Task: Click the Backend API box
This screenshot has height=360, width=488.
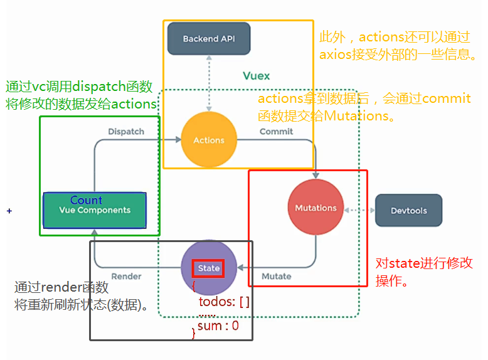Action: (x=209, y=39)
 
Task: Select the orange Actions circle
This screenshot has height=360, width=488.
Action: (x=209, y=140)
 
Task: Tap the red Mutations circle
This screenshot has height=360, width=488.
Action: (x=316, y=208)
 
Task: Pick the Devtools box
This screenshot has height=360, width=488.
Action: (x=408, y=211)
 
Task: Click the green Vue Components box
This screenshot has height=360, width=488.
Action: (x=94, y=211)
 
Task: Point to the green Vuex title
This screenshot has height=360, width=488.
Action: (x=256, y=76)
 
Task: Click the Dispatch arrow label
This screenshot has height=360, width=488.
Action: (x=125, y=132)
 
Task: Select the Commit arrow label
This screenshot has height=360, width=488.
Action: (x=276, y=132)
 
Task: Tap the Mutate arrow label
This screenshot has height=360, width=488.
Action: (x=276, y=277)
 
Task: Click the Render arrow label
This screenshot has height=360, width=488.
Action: (x=125, y=277)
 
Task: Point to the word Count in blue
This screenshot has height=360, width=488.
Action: (x=86, y=200)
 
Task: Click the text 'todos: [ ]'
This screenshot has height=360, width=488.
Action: (x=224, y=302)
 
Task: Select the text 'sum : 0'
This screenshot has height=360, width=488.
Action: (x=218, y=326)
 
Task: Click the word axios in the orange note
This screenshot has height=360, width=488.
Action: (x=336, y=55)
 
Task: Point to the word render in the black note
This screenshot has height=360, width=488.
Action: (x=59, y=288)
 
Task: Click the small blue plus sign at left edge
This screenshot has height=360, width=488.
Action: (x=9, y=211)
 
